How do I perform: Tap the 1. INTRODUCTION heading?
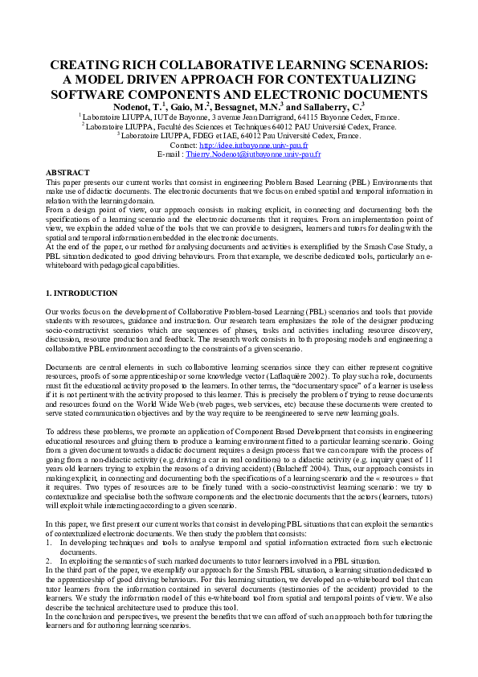coord(82,293)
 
